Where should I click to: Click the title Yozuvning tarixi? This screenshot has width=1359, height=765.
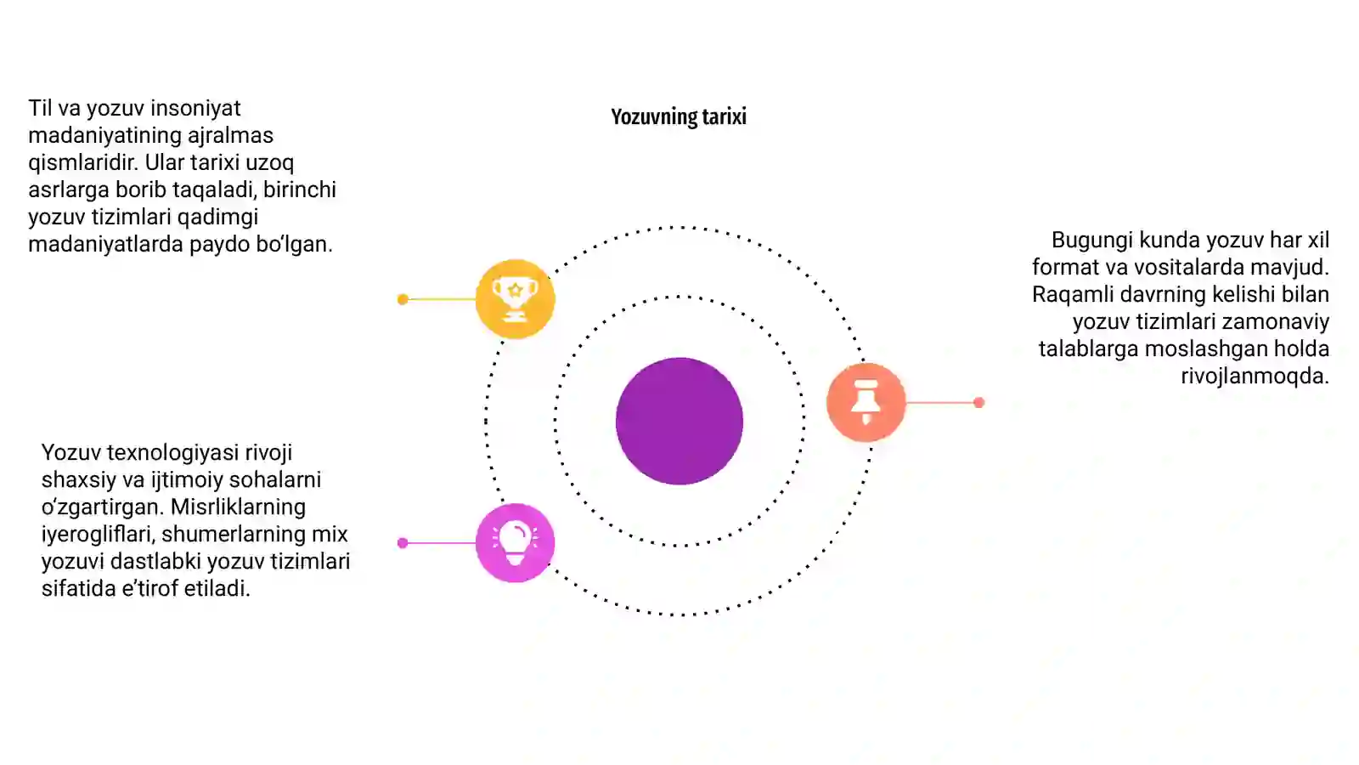click(679, 116)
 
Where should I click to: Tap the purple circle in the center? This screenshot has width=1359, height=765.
click(679, 421)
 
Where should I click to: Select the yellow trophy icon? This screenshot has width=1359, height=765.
click(515, 298)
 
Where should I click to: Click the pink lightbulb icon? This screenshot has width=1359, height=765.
click(515, 543)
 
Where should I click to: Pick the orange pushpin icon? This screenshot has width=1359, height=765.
click(866, 402)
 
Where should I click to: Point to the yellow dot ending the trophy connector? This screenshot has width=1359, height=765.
click(403, 299)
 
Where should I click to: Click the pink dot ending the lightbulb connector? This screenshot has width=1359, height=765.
click(403, 543)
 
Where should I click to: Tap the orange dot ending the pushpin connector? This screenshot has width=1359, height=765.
click(978, 403)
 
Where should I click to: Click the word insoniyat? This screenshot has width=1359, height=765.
click(195, 108)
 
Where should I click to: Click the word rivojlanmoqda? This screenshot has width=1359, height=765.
click(1255, 377)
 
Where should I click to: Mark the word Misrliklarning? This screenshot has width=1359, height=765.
click(238, 507)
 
